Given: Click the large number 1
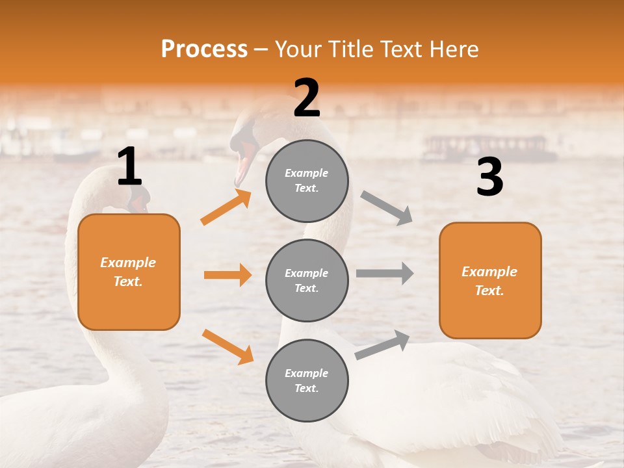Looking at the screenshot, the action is [x=129, y=166].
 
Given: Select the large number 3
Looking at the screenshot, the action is [x=489, y=177].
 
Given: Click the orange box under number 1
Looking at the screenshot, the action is [x=129, y=272].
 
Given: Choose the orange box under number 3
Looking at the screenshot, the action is [x=490, y=280].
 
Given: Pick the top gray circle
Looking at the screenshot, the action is [x=307, y=181].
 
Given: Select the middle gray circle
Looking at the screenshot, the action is [x=307, y=280].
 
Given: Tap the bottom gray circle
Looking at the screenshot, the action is [x=307, y=380].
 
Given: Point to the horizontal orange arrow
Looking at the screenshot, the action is [x=227, y=275].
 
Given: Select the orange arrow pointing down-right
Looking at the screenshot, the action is [x=227, y=346].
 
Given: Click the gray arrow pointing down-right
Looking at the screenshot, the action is [x=387, y=207].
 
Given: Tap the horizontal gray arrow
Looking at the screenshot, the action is [x=385, y=273].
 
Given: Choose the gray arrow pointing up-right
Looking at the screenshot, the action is [x=383, y=344].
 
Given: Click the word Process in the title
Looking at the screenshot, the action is [x=204, y=49].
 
